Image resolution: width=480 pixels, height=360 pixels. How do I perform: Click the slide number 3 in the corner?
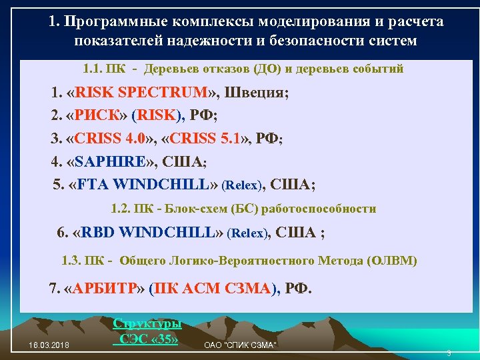point(449,353)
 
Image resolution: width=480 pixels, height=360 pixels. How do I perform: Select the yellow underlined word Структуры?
point(147,323)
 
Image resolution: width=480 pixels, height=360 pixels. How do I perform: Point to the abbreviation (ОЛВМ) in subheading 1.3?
point(391,261)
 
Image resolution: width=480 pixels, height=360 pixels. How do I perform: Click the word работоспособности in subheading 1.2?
point(319,209)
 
